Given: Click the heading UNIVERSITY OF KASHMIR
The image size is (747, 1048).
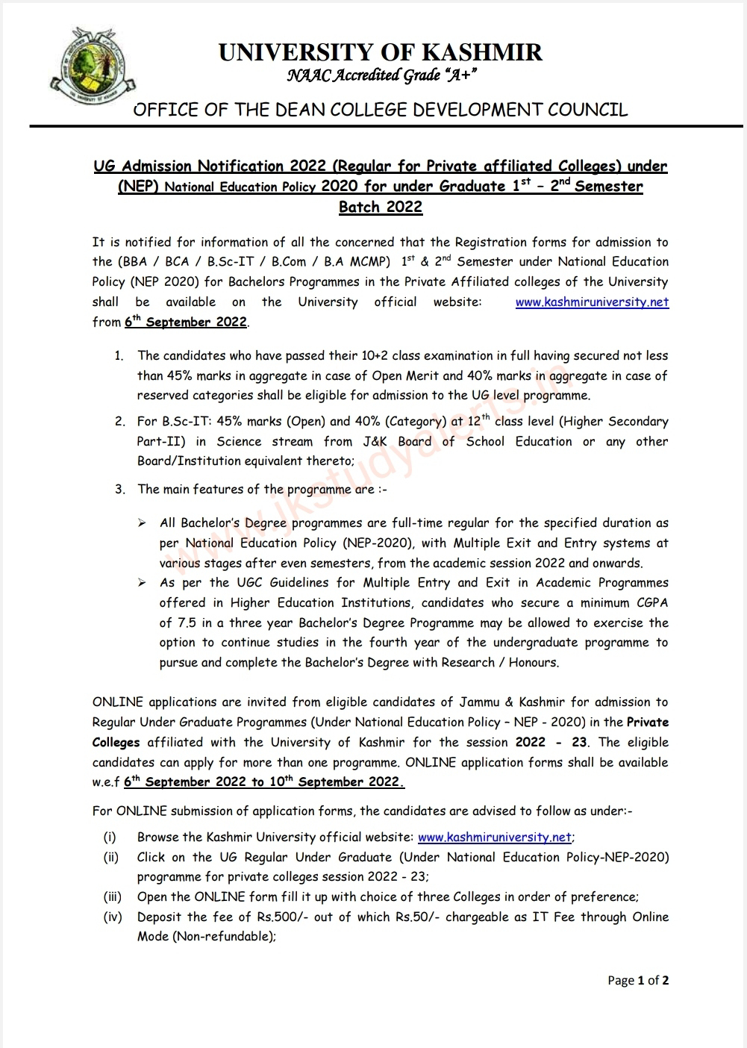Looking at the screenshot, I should coord(381,52).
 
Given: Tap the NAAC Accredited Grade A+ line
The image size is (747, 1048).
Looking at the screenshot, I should coord(381,75).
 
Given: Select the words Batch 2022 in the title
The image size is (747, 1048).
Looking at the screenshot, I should coord(381,207).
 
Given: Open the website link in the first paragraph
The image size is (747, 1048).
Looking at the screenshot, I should coord(592,302).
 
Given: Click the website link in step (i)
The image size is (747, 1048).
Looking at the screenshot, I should coord(495,838).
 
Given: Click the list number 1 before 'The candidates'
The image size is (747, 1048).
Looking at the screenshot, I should coord(119,356).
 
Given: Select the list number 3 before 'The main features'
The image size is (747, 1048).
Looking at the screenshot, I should coord(119,490).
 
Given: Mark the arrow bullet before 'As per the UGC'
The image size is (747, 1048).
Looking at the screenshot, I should coord(142,583).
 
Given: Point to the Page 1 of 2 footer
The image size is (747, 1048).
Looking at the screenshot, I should coord(638,981).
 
